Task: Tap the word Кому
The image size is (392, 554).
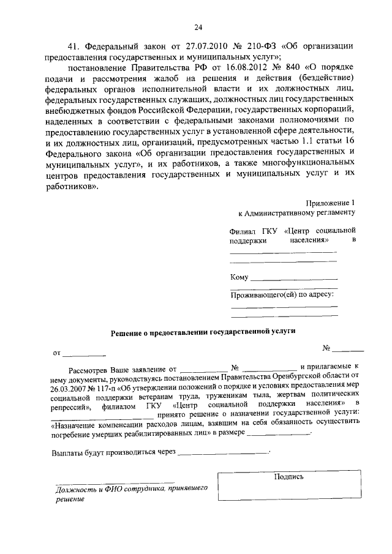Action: point(239,277)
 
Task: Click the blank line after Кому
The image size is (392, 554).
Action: point(294,280)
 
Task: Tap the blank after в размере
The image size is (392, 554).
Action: point(280,434)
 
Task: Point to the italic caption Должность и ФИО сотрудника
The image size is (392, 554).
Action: point(107,489)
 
